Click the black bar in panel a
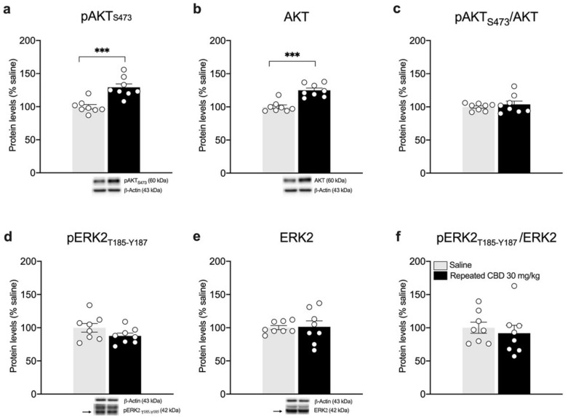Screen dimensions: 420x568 (124, 131)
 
